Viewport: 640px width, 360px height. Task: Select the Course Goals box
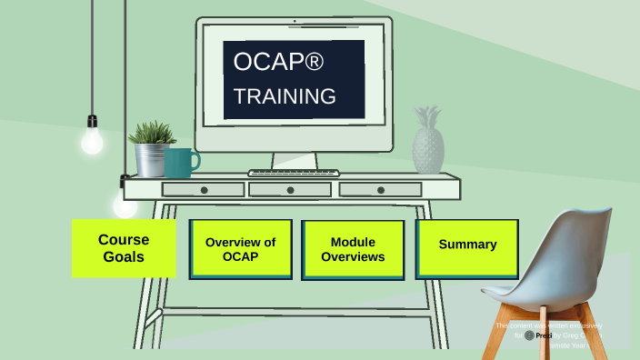(x=124, y=248)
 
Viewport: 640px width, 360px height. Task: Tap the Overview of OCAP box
(x=240, y=249)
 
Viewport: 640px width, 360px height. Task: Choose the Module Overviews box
(x=353, y=249)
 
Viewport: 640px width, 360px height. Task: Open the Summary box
(x=467, y=245)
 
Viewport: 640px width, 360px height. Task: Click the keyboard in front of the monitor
(x=293, y=173)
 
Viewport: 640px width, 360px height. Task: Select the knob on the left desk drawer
(x=204, y=190)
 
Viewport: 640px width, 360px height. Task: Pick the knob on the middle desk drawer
(x=291, y=190)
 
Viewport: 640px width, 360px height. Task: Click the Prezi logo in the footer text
(x=530, y=335)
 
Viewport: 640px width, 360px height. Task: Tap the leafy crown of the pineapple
(x=426, y=118)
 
